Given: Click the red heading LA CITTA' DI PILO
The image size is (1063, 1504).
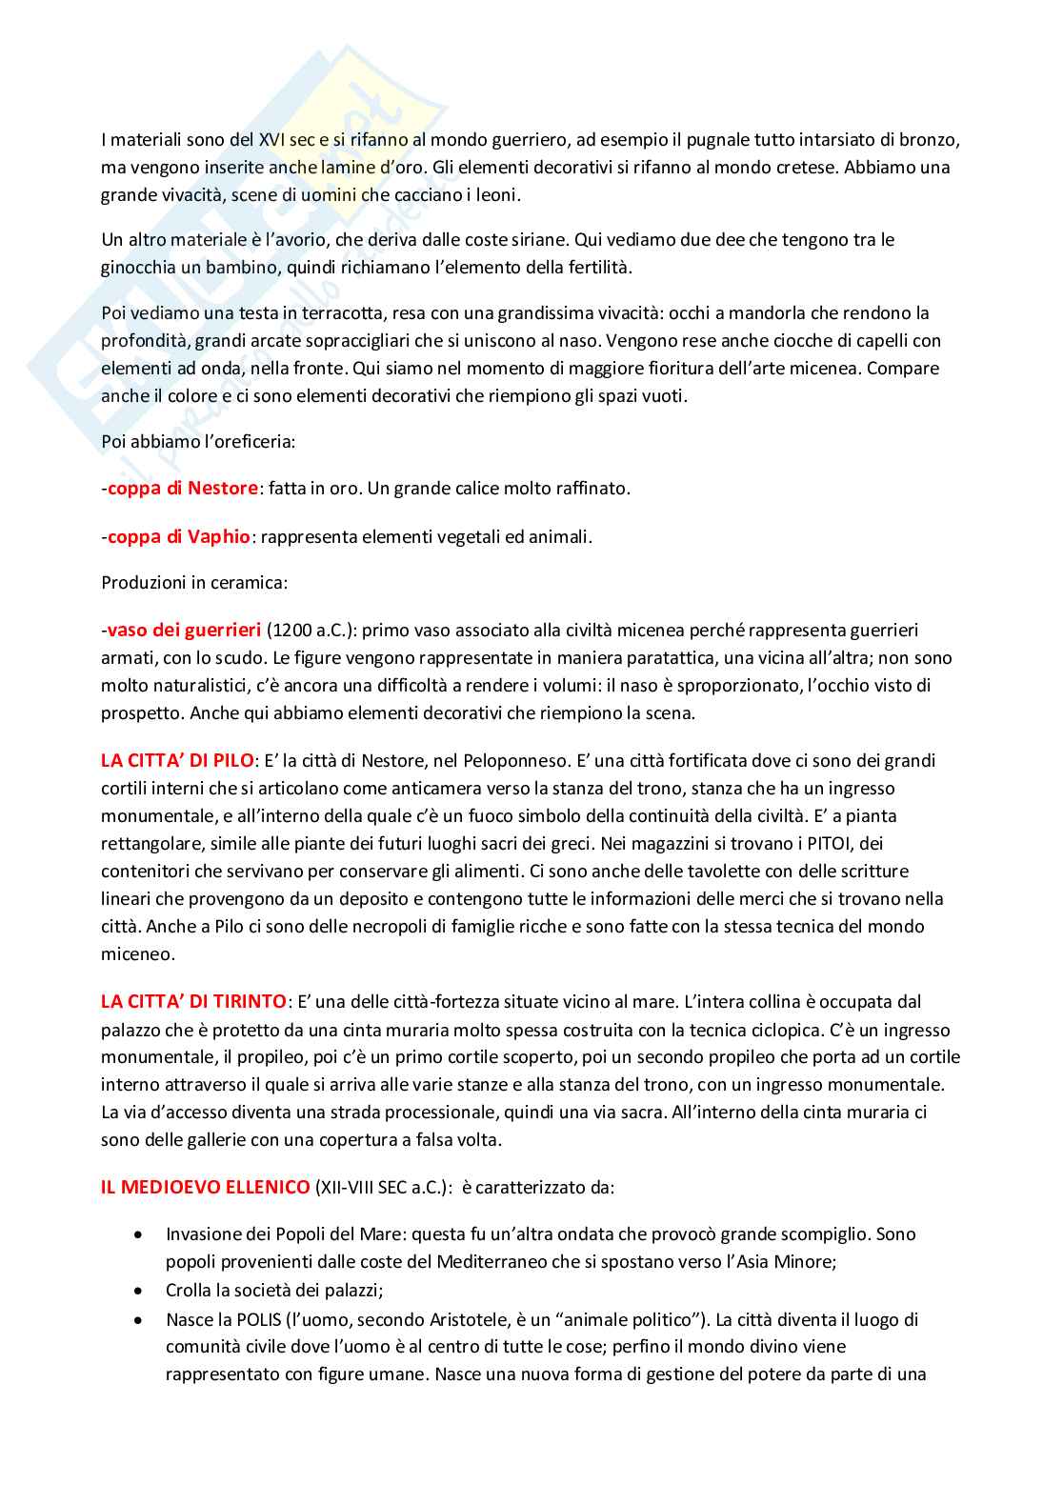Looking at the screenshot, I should pyautogui.click(x=177, y=760).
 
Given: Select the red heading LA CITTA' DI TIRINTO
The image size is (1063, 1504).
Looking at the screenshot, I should pyautogui.click(x=193, y=1001).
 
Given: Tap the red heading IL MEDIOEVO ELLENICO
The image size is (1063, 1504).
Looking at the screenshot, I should pyautogui.click(x=205, y=1187).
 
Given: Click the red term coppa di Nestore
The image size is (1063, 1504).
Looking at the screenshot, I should pyautogui.click(x=182, y=488).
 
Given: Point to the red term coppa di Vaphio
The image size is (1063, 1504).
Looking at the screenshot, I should pyautogui.click(x=178, y=536).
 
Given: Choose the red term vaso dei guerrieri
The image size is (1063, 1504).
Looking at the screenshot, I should pyautogui.click(x=183, y=630).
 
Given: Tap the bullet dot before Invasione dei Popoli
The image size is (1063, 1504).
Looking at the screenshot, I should pyautogui.click(x=140, y=1234).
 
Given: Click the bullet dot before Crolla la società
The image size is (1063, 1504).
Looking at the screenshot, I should pyautogui.click(x=140, y=1291).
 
